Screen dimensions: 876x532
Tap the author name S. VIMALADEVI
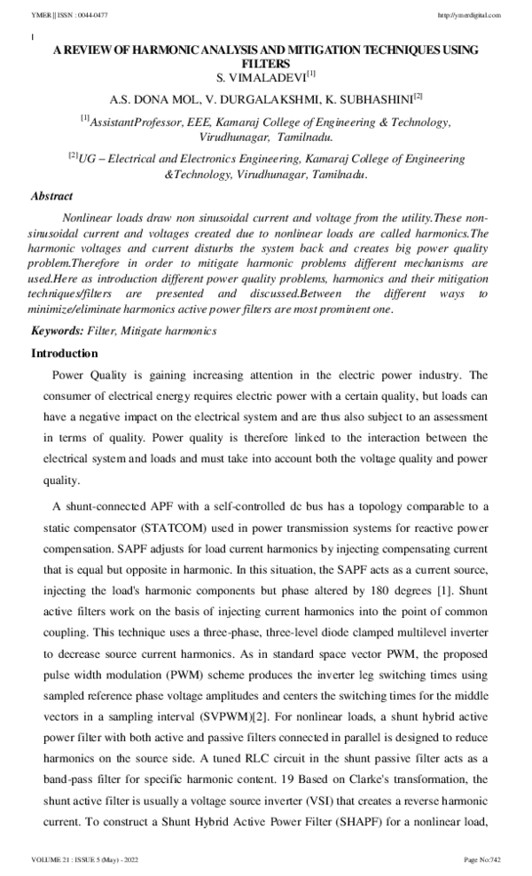pos(260,77)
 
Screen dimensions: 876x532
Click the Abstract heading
pos(51,196)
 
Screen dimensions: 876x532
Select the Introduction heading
pos(64,353)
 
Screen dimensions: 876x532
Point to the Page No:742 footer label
pos(482,861)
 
